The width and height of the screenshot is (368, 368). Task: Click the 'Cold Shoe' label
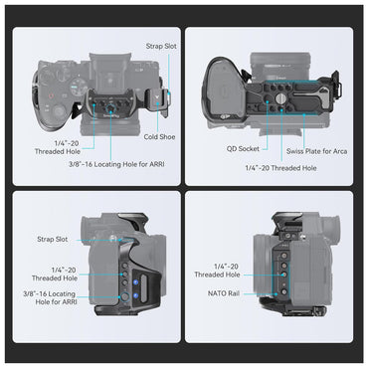pos(159,137)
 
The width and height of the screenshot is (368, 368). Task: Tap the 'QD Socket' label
pos(243,149)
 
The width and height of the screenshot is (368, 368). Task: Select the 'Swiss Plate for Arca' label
pos(317,151)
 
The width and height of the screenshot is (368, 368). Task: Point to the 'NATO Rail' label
pos(224,293)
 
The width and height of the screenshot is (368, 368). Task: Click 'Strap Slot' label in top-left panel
pos(161,46)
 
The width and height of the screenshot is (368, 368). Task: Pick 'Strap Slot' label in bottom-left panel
pos(53,239)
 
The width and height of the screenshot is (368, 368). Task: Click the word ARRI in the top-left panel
pos(155,164)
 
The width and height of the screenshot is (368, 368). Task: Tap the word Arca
pos(340,151)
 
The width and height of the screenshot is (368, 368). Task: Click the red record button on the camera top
pos(51,96)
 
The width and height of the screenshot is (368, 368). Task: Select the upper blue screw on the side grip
pos(135,282)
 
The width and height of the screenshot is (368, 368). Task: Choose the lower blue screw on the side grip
pos(135,295)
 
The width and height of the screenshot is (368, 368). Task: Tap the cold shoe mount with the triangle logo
pos(156,98)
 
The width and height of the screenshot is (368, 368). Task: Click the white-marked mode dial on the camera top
pos(77,89)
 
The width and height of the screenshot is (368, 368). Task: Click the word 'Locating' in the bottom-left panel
pos(62,294)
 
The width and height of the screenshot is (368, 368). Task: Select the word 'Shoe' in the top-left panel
pos(168,137)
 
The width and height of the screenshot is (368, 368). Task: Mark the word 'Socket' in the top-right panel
pos(249,149)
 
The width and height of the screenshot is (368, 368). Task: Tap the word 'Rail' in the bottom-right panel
pos(233,293)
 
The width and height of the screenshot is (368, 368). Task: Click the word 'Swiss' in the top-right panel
pos(294,151)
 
